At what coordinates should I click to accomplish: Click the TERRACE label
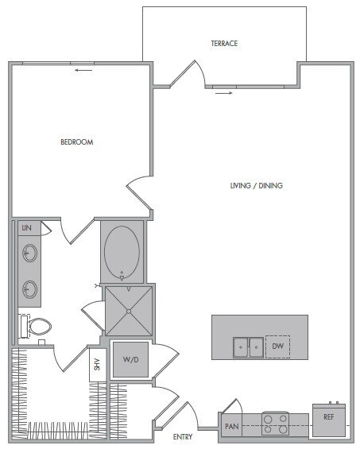[224, 43]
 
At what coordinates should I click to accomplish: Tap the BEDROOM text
[77, 142]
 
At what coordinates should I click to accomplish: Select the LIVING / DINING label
[257, 186]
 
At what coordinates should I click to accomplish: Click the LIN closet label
[26, 228]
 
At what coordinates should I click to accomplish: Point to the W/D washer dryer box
[130, 359]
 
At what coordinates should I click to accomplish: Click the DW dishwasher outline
[277, 347]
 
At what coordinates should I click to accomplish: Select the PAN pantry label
[232, 427]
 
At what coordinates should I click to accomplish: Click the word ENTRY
[184, 436]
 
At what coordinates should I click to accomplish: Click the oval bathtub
[122, 252]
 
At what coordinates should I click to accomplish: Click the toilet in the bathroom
[37, 326]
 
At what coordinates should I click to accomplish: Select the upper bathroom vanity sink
[29, 254]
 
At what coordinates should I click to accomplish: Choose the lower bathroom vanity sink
[29, 288]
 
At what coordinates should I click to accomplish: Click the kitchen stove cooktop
[276, 424]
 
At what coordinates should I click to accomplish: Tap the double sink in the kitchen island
[248, 347]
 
